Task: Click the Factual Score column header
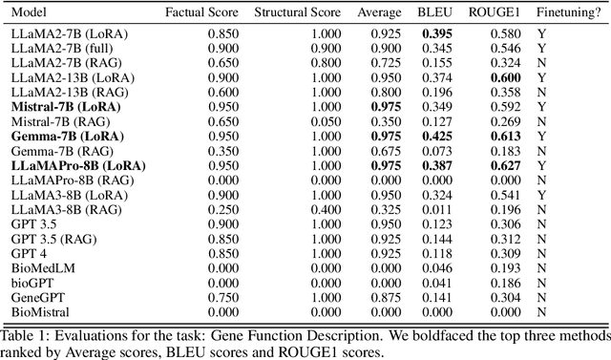tap(199, 15)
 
